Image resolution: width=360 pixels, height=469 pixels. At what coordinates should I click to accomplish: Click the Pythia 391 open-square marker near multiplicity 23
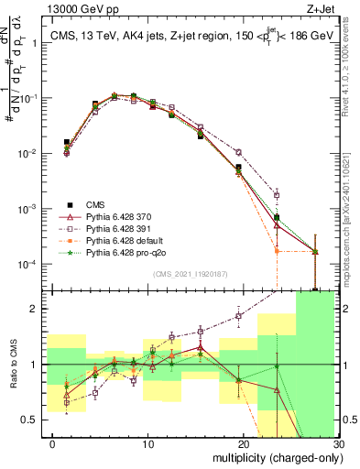[277, 193]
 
